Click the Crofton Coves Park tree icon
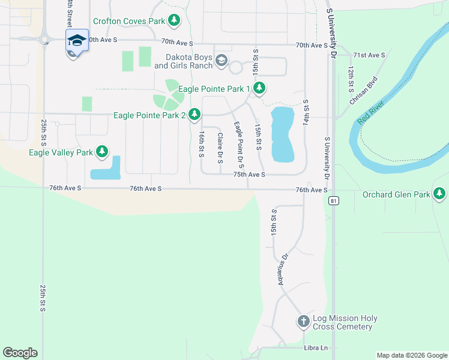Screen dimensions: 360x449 [174, 22]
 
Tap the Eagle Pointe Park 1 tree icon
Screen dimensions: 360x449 [259, 89]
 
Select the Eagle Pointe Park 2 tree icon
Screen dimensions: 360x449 [194, 113]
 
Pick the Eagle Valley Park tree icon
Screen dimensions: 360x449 [102, 152]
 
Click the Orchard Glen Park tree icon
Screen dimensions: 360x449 [440, 194]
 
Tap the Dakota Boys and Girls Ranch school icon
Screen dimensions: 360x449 [221, 59]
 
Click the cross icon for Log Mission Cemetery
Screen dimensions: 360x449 [303, 322]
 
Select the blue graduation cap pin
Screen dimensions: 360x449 [77, 40]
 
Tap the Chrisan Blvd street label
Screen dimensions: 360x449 [364, 90]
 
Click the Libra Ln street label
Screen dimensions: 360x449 [316, 348]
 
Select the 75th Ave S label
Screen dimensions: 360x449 [249, 174]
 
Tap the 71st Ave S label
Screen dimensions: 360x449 [369, 55]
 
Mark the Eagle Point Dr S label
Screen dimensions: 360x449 [238, 144]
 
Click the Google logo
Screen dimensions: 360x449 [20, 353]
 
